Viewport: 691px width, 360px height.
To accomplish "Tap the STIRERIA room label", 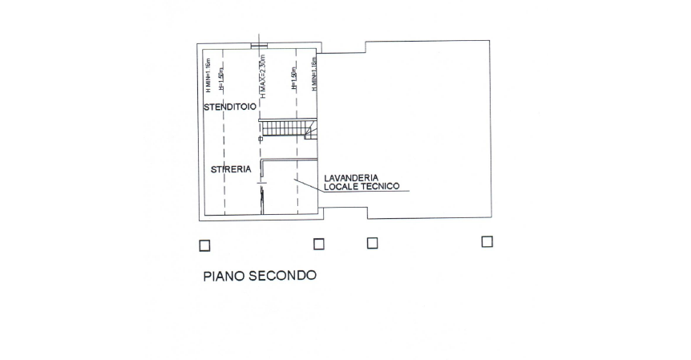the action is pyautogui.click(x=232, y=169).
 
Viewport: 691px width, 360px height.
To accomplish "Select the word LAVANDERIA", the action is pyautogui.click(x=351, y=177).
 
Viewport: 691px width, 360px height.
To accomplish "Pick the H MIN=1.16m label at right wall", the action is pyautogui.click(x=315, y=73).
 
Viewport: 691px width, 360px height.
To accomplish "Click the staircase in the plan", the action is pyautogui.click(x=287, y=128).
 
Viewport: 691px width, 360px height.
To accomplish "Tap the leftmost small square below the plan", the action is pyautogui.click(x=204, y=245).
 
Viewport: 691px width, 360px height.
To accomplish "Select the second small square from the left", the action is pyautogui.click(x=318, y=244).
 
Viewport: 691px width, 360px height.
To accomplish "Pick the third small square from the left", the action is pyautogui.click(x=372, y=243).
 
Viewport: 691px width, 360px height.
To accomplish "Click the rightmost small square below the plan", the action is pyautogui.click(x=487, y=241).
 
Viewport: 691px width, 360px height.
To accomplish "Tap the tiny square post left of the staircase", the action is pyautogui.click(x=260, y=140).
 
